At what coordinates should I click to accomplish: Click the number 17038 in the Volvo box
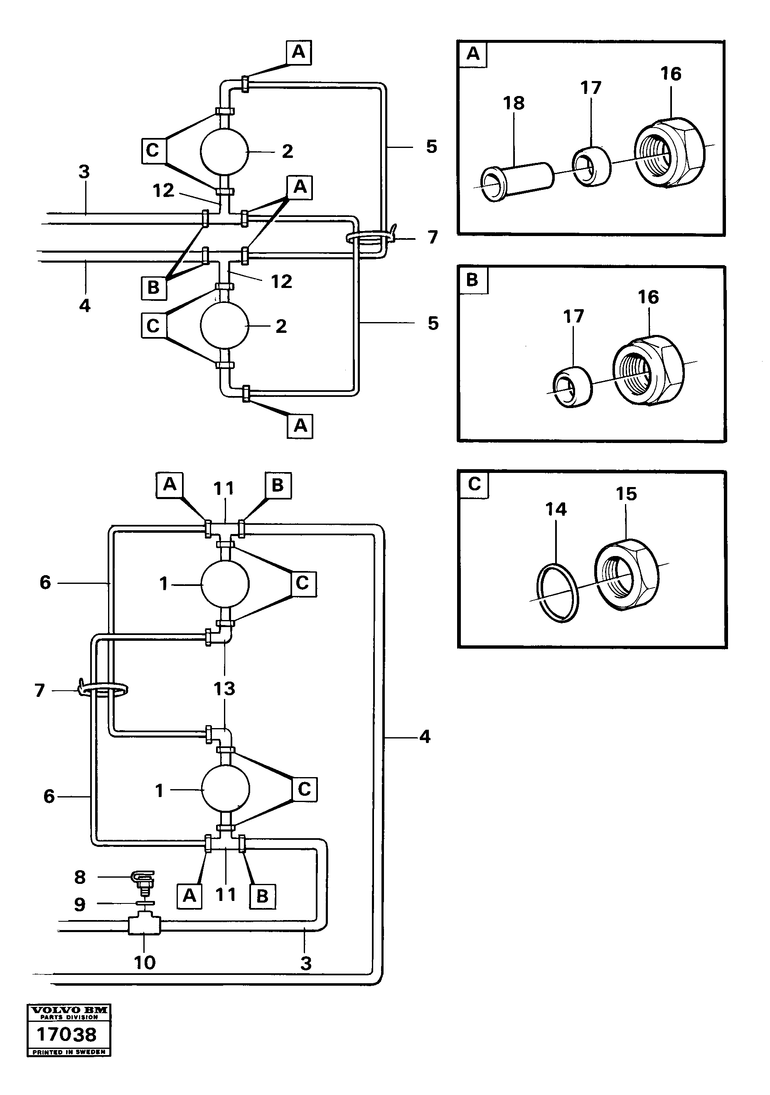click(x=67, y=1034)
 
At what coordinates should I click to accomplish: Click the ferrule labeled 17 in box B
click(x=572, y=386)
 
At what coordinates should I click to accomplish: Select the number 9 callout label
click(x=80, y=904)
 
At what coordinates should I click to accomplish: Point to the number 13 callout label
click(x=224, y=689)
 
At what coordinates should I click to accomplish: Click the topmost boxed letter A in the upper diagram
click(x=299, y=52)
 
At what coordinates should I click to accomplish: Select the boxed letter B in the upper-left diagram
click(x=153, y=288)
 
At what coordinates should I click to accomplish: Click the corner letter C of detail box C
click(x=473, y=484)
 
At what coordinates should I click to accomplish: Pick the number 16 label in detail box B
click(x=648, y=297)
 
